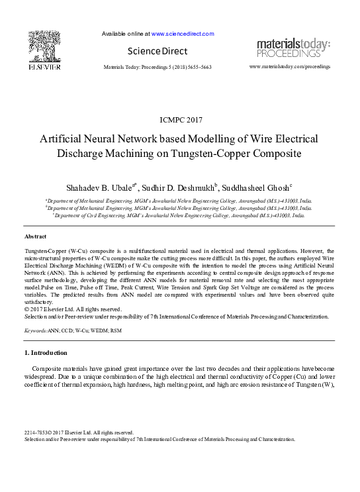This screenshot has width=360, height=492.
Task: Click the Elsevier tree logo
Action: (x=44, y=44)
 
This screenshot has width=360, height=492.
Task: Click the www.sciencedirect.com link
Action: (x=183, y=34)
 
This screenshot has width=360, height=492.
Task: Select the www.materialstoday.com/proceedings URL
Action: (x=289, y=67)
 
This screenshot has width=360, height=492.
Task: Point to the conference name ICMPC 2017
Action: (x=180, y=120)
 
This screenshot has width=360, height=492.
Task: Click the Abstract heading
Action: (x=35, y=236)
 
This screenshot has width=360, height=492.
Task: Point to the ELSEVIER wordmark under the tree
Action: (x=44, y=68)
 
